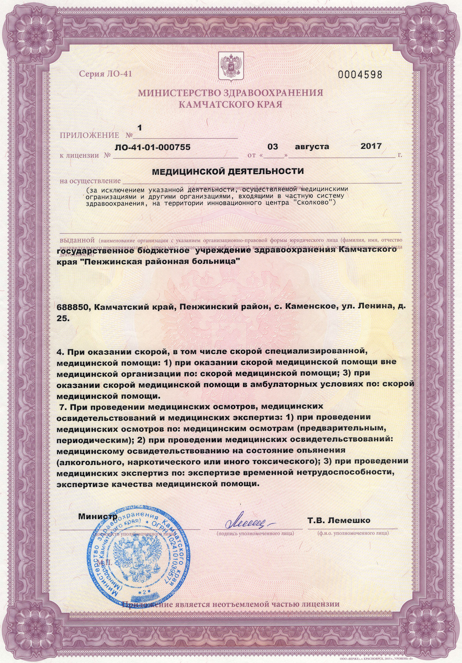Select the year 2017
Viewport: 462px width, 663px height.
point(371,146)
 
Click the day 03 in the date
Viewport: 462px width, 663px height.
point(273,146)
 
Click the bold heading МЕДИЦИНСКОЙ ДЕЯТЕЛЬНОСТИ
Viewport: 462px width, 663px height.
point(228,171)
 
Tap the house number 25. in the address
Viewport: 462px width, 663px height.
point(63,319)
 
